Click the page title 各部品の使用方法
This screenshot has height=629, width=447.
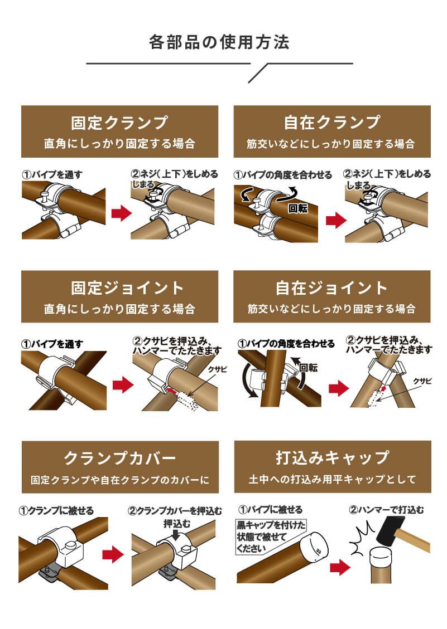click(x=219, y=42)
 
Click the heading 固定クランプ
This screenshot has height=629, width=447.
click(x=119, y=123)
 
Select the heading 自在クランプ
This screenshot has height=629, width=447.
click(x=331, y=123)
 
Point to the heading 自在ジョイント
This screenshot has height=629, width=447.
click(x=331, y=288)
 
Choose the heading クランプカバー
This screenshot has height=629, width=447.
click(x=120, y=459)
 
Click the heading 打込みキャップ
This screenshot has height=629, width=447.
click(x=332, y=458)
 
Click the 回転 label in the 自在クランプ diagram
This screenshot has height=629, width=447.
click(x=298, y=209)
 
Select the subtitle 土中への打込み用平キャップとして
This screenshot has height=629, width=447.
click(x=332, y=479)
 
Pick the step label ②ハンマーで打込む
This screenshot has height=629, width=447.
click(x=386, y=509)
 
